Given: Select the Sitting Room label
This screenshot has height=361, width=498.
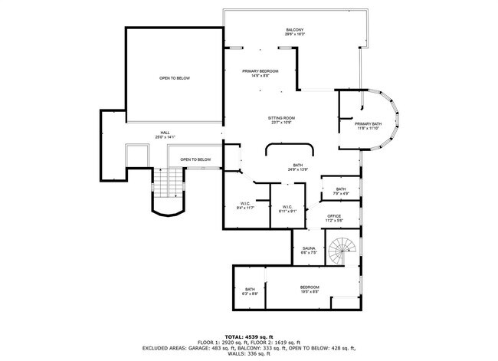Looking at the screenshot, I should pos(281,119).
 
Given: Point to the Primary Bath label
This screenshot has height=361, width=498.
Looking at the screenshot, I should pos(368,124).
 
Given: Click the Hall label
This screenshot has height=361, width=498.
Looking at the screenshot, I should pos(165,132).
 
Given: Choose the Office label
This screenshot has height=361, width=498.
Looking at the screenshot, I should pos(334,217).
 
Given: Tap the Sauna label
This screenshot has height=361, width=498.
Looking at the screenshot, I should pos(310,249).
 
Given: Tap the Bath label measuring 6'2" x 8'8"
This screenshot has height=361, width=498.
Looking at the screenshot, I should pos(250,290).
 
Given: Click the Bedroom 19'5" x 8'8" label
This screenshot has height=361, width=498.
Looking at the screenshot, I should pos(310,288).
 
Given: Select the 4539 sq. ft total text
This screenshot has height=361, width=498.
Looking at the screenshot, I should pos(248,336).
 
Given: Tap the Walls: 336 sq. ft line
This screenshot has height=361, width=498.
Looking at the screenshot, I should pos(248,354).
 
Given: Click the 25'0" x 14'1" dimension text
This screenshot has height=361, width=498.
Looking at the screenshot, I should pos(165,136).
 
